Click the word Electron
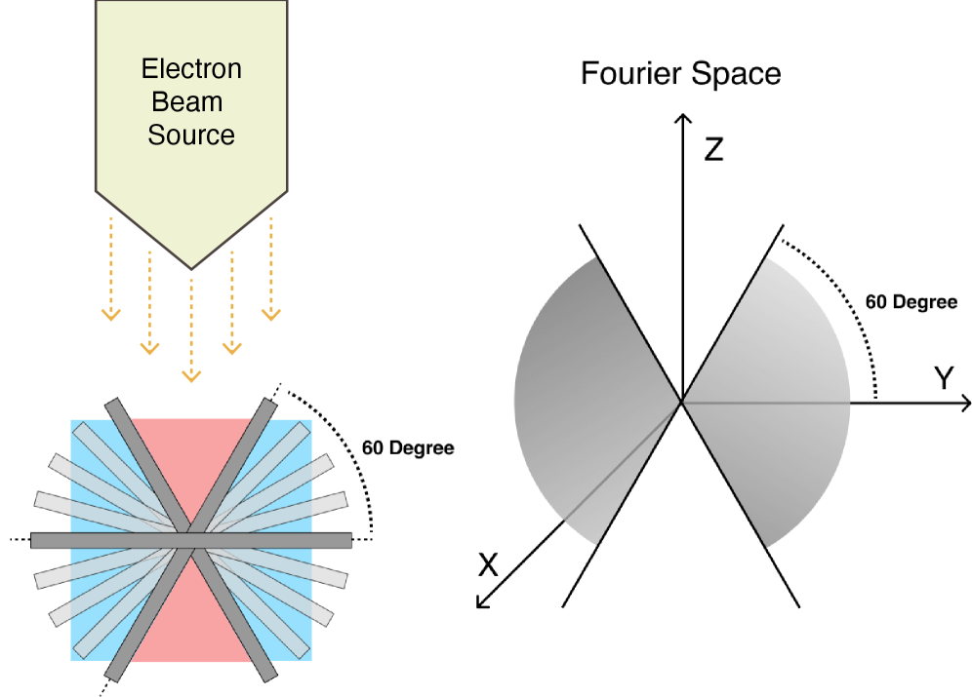click(191, 69)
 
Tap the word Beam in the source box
click(187, 101)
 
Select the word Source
click(191, 135)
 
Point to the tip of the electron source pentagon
click(191, 266)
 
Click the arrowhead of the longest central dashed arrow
click(191, 375)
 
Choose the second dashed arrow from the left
click(149, 302)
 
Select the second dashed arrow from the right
click(231, 302)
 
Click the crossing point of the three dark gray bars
click(191, 540)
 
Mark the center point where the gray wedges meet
click(681, 402)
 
